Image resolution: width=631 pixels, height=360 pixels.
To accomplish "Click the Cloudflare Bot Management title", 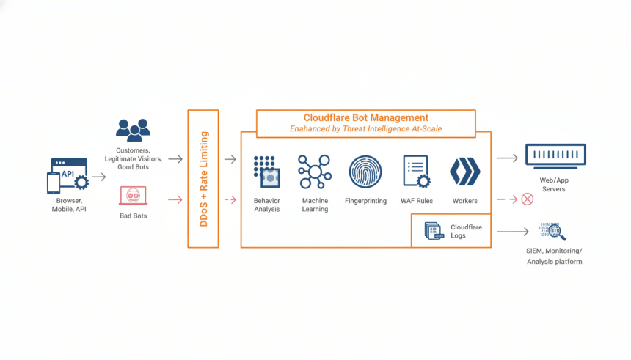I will tap(365, 117).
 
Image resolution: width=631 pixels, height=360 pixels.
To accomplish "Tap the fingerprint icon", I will tap(365, 172).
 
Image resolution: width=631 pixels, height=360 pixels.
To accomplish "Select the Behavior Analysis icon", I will tap(267, 172).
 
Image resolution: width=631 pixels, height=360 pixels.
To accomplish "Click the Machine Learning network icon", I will tap(314, 172).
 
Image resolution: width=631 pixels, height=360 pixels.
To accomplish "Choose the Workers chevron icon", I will tap(464, 172).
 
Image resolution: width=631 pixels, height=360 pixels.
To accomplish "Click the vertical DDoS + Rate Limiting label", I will tap(204, 178).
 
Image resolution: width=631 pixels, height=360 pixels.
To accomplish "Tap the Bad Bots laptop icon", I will tap(133, 196).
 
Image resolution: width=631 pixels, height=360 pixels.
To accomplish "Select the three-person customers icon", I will tap(133, 129).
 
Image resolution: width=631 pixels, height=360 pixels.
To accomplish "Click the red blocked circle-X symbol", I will tap(527, 199).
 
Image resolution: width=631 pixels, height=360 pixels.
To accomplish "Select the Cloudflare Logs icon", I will tap(434, 232).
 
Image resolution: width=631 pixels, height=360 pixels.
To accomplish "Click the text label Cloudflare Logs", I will tap(466, 232).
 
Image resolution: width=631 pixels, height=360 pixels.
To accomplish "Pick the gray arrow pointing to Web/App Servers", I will tap(507, 158).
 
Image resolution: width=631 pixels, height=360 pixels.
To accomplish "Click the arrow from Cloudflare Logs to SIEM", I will tap(512, 232).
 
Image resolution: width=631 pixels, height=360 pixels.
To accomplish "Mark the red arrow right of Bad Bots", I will tap(175, 199).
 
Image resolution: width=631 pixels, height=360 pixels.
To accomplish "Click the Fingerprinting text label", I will tap(365, 201).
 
